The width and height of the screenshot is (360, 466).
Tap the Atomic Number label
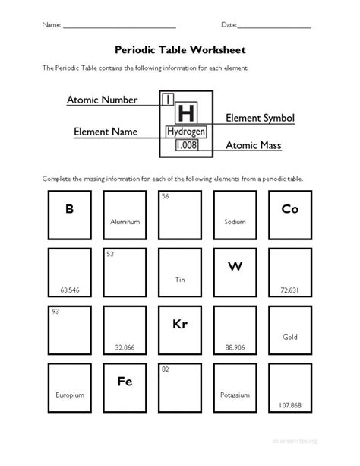click(x=102, y=100)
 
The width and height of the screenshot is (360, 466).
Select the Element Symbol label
click(x=260, y=119)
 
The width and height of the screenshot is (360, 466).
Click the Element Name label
click(x=106, y=132)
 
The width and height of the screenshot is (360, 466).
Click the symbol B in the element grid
click(x=69, y=208)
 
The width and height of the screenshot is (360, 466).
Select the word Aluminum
click(x=125, y=223)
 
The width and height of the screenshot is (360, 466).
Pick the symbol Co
click(x=289, y=208)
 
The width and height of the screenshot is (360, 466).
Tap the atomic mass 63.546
click(x=69, y=290)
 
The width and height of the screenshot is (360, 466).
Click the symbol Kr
click(x=180, y=323)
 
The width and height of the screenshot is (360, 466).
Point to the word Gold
click(x=289, y=337)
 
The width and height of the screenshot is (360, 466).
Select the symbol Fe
click(x=125, y=381)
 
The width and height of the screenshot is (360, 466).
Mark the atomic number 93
click(x=55, y=312)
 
